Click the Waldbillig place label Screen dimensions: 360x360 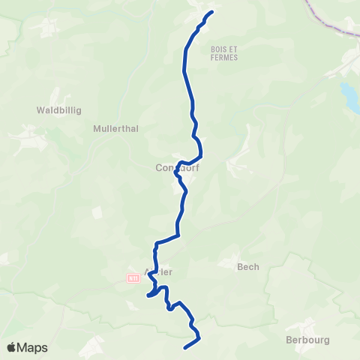(58, 109)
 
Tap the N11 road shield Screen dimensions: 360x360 (133, 277)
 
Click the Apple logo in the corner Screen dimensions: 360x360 (12, 347)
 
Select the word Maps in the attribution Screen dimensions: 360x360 (33, 347)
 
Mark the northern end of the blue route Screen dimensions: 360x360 (212, 11)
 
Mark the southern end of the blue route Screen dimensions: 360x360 (185, 346)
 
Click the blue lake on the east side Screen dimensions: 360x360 (349, 95)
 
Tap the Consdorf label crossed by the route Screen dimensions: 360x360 (177, 167)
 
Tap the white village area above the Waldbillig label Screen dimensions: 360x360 (51, 27)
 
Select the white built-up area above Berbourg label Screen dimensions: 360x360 (305, 325)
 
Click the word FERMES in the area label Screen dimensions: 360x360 (224, 57)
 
